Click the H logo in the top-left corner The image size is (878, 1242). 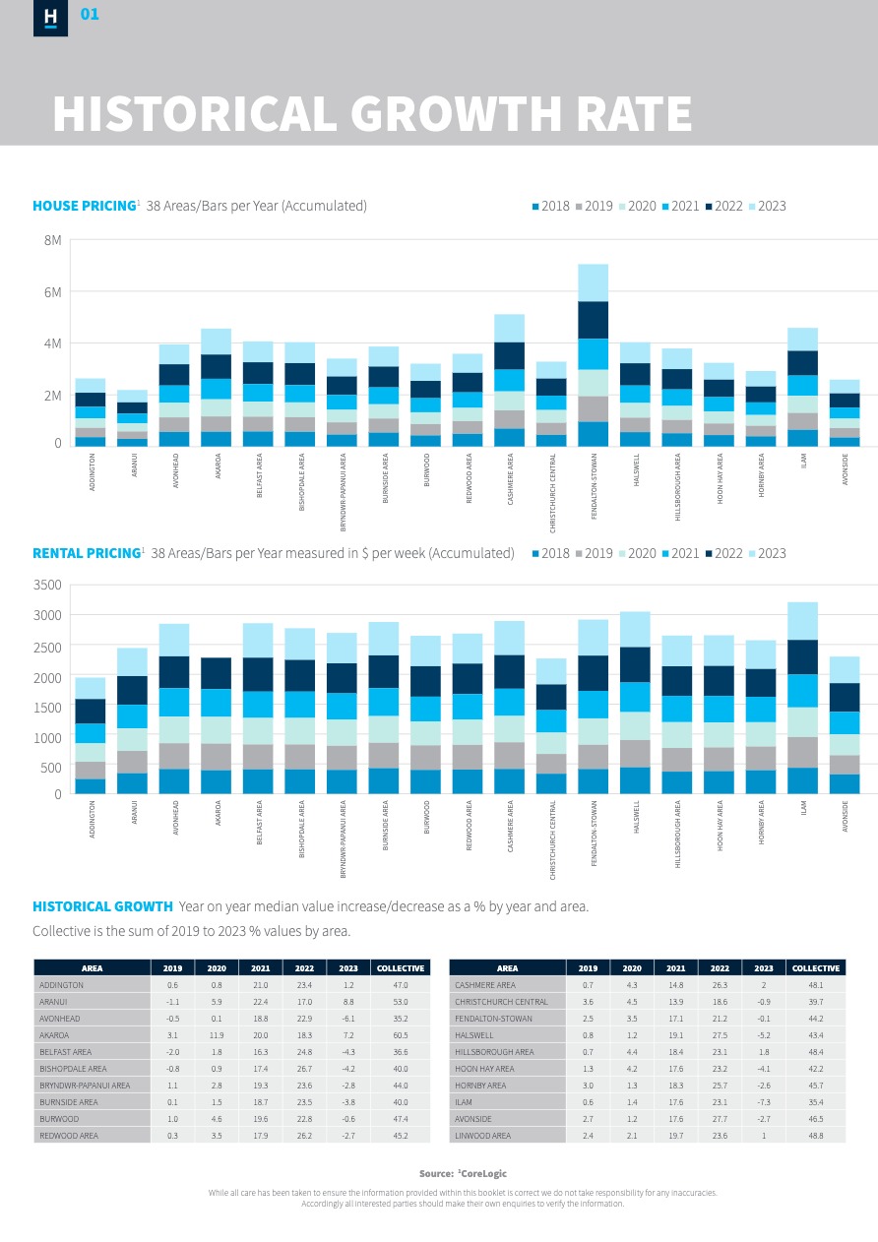[x=50, y=18]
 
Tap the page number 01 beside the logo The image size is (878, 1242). [x=90, y=15]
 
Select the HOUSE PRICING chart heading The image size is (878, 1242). [x=84, y=206]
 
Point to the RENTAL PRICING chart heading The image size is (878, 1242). [x=87, y=553]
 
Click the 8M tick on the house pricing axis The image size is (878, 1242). [x=52, y=240]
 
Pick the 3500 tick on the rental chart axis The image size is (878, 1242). [x=47, y=586]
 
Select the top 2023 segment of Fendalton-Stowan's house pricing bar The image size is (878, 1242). [x=593, y=282]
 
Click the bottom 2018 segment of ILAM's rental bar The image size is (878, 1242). [x=803, y=780]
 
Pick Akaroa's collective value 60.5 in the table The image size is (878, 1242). [x=400, y=1035]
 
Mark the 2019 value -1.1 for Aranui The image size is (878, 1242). [x=172, y=1001]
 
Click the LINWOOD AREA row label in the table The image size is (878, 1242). [x=483, y=1136]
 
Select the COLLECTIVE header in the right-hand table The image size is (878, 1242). [x=816, y=967]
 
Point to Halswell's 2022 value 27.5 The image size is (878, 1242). [x=720, y=1035]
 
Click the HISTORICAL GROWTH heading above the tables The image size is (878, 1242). [x=102, y=906]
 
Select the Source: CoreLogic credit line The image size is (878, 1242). [x=463, y=1173]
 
